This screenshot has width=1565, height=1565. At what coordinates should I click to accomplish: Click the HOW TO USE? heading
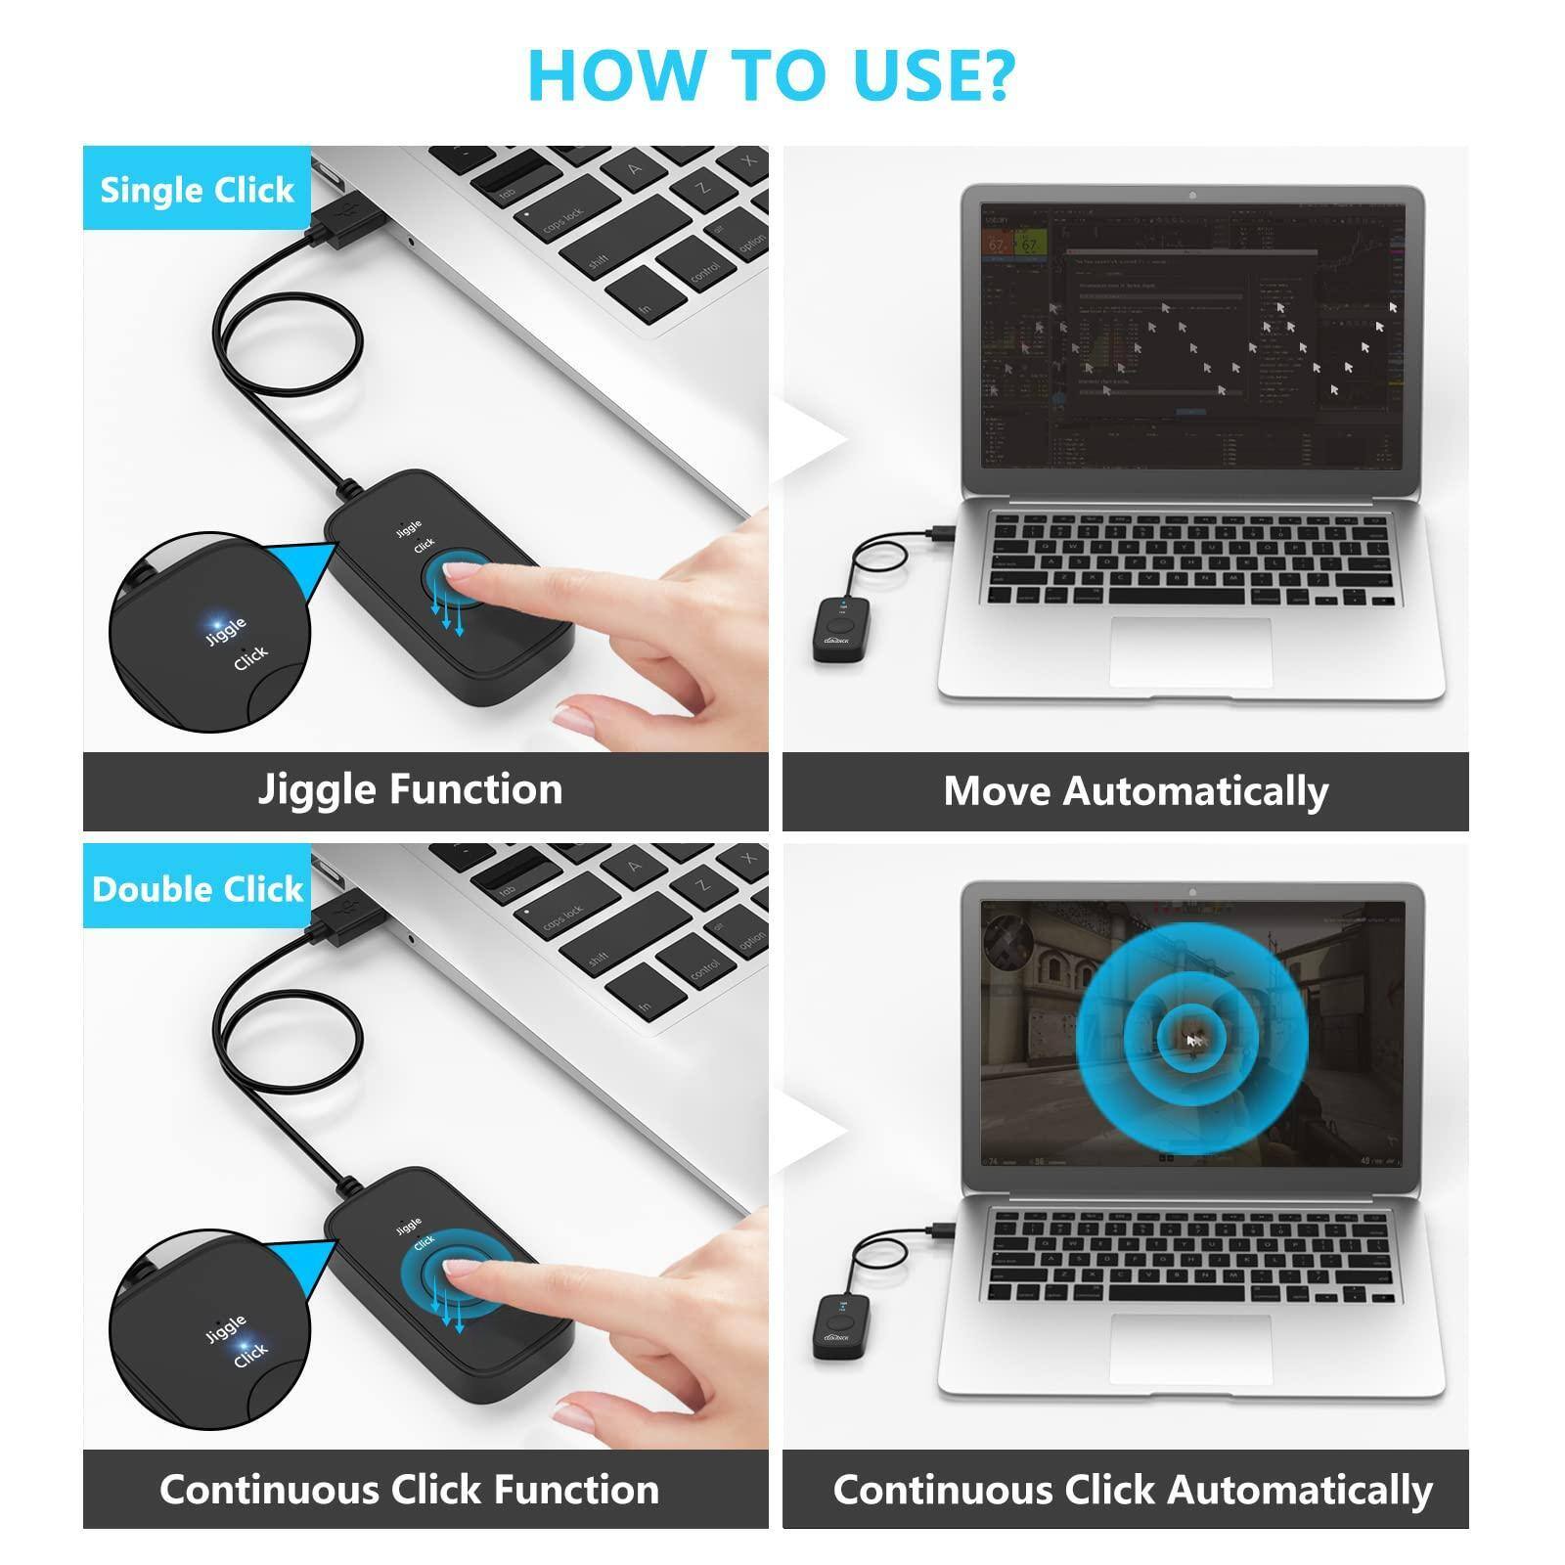[x=771, y=74]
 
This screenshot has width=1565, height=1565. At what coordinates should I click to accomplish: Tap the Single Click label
[x=197, y=190]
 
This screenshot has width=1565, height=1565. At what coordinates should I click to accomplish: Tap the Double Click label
[x=197, y=888]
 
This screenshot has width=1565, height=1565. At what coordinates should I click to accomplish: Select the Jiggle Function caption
[x=410, y=789]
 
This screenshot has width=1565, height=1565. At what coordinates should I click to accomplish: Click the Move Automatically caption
[x=1136, y=791]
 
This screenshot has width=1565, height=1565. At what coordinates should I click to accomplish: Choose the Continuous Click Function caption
[x=409, y=1489]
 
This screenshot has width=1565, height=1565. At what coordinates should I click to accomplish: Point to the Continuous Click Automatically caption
[x=1132, y=1489]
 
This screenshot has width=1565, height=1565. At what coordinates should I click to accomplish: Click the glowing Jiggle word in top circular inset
[x=225, y=630]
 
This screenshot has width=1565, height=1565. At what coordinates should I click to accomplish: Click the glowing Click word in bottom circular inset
[x=249, y=1354]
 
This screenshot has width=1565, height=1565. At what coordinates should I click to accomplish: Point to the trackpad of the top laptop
[x=1190, y=651]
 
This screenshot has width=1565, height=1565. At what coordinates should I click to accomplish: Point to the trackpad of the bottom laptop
[x=1190, y=1348]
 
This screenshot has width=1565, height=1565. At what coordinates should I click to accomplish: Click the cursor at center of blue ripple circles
[x=1192, y=1041]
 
